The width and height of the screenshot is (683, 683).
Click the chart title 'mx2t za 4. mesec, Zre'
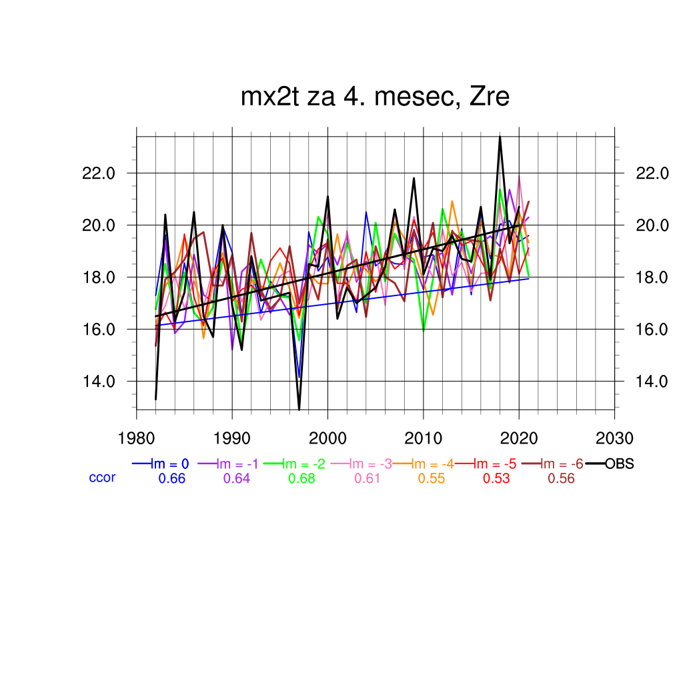coord(375,97)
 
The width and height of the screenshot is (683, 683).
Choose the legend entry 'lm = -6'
coord(561,464)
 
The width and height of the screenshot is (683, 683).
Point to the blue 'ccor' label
coord(102,478)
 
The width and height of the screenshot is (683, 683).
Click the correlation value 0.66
coord(171,478)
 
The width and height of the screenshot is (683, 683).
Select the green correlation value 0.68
coord(301,478)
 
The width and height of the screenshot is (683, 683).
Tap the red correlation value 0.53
coord(496,478)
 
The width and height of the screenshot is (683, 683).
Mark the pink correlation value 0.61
coord(367,478)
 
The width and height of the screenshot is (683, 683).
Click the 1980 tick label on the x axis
coord(137,438)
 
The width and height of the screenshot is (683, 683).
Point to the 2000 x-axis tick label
coord(327,438)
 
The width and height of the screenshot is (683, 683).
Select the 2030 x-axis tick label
coord(614,438)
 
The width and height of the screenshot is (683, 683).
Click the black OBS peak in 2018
coord(500,137)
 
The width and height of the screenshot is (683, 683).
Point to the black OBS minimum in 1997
coord(299,409)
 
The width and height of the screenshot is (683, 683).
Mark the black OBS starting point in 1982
coord(155,399)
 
